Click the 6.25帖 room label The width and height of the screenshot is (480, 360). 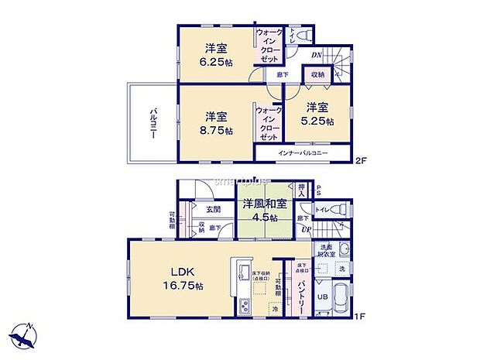pos(215,53)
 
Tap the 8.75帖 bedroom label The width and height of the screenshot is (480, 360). pos(216,124)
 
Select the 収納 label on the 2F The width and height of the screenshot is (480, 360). pos(317,75)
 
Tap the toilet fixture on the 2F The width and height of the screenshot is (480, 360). pos(303,34)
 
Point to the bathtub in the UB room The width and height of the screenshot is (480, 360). pos(341,298)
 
